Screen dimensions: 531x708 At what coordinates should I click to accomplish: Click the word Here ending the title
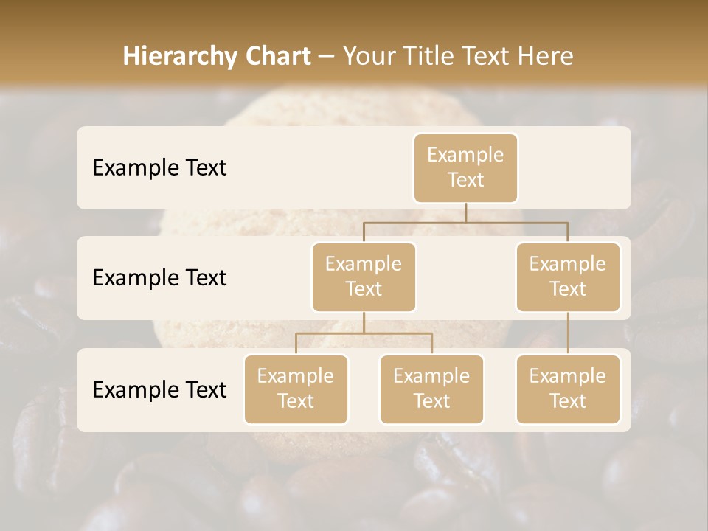545,57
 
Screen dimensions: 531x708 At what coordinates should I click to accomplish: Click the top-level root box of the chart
465,168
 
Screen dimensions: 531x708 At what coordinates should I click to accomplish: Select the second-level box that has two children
364,277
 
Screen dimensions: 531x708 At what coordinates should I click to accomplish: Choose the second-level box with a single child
568,277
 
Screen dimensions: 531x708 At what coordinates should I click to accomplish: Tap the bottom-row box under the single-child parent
568,389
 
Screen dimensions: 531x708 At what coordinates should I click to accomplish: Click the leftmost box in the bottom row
296,389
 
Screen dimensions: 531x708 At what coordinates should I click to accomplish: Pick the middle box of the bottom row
431,389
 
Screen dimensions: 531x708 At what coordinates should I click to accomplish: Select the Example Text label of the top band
159,168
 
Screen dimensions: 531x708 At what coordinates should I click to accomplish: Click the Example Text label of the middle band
159,278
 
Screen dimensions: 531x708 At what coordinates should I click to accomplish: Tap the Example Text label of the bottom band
159,389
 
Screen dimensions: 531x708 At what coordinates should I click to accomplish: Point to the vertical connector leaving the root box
465,212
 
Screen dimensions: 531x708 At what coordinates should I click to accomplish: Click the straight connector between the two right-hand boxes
568,333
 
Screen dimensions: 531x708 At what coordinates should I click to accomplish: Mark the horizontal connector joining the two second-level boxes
465,221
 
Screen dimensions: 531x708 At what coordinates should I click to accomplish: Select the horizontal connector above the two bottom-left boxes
364,333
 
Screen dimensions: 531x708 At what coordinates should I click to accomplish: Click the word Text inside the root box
465,181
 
